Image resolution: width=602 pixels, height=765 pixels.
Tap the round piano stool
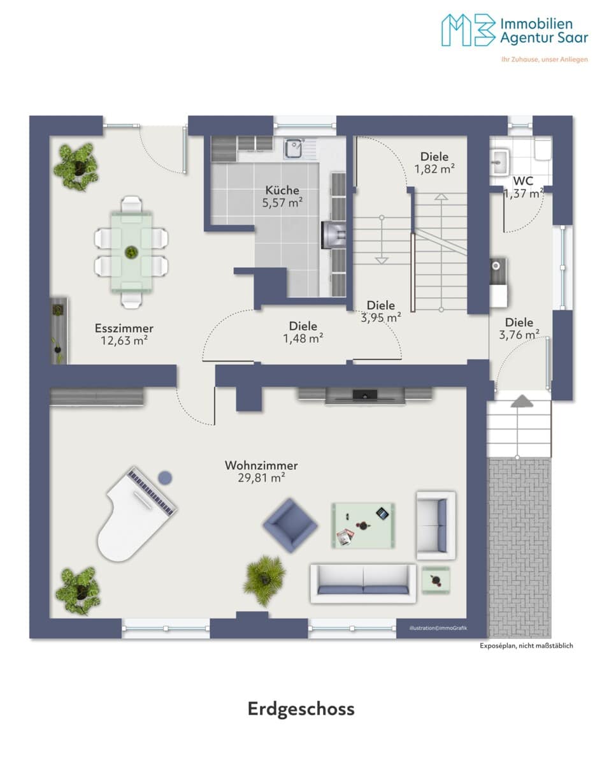(165, 477)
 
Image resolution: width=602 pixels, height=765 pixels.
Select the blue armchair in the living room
(290, 525)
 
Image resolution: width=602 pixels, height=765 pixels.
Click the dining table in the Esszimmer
(131, 252)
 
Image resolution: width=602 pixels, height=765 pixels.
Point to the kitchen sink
(293, 149)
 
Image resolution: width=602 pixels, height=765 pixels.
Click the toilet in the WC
(543, 150)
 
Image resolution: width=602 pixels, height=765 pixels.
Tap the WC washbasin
(499, 162)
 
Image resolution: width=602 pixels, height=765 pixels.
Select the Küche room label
(282, 190)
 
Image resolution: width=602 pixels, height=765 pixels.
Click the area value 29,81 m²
(261, 477)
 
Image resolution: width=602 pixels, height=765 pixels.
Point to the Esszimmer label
(124, 328)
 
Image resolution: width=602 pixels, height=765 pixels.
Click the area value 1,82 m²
(434, 169)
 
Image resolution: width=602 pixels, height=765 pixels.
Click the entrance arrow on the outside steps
(522, 401)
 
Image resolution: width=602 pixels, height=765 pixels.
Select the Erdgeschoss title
(301, 709)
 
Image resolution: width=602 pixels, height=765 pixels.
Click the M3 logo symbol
(468, 30)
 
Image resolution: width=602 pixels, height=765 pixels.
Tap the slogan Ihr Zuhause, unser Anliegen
(545, 59)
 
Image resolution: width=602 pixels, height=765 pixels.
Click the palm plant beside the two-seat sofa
(264, 581)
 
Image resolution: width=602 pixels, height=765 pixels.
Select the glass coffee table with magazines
(363, 525)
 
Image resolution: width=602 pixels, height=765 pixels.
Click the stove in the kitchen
(333, 235)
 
